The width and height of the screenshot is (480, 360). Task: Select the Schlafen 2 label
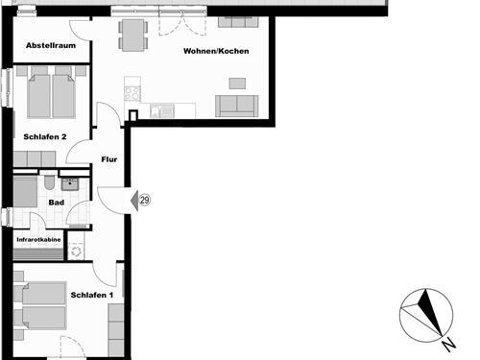44,137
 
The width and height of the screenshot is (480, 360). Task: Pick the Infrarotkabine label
37,240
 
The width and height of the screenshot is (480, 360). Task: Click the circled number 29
145,200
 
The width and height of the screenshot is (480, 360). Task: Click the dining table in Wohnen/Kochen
133,36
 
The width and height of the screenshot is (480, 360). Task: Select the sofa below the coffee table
236,107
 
